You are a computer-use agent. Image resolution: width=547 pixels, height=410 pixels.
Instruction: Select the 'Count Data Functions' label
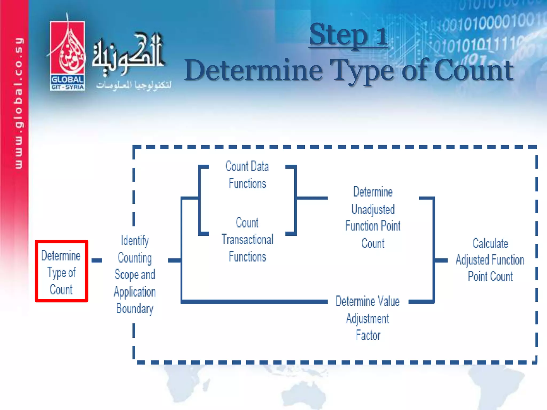pos(247,175)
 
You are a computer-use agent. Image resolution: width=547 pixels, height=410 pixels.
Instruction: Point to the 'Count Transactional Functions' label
pos(247,239)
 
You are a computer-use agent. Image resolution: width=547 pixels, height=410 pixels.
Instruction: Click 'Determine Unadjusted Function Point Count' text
pos(373,218)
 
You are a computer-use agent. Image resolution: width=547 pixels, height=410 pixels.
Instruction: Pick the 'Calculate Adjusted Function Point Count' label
pos(490,260)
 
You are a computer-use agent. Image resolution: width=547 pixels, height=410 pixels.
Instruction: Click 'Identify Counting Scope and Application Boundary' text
pos(135,274)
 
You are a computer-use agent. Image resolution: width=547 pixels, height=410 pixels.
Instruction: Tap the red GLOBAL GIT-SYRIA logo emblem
pos(67,56)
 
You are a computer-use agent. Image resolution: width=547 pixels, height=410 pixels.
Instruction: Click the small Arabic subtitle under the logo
pos(134,85)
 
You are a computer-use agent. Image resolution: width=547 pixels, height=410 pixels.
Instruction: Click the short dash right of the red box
pos(97,260)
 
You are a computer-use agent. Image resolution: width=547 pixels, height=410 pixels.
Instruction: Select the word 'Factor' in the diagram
pos(368,335)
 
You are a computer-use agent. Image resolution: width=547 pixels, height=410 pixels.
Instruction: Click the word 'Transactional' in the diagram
pos(247,239)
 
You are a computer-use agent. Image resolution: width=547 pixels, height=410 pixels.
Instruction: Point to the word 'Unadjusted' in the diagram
pos(373,209)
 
